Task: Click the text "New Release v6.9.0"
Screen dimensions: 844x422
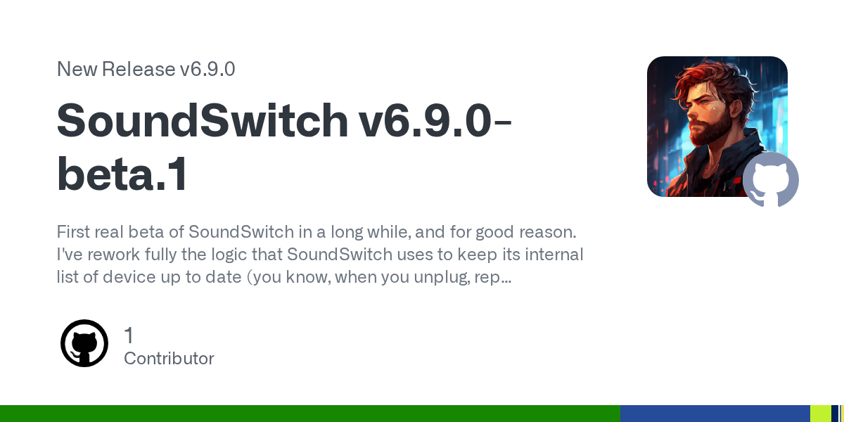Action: pos(146,70)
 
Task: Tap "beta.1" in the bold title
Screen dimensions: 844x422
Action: pos(122,174)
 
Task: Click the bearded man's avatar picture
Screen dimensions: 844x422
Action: pos(717,126)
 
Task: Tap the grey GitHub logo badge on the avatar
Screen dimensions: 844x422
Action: pos(771,180)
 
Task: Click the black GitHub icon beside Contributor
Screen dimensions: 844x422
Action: pos(84,343)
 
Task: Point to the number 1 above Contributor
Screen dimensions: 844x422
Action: pos(129,335)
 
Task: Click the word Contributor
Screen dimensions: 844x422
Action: pos(169,358)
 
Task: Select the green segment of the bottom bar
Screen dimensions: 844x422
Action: pos(310,414)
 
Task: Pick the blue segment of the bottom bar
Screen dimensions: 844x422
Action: pos(715,414)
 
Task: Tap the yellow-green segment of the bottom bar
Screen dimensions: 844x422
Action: pos(821,414)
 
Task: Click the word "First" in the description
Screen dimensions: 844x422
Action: pos(73,231)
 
